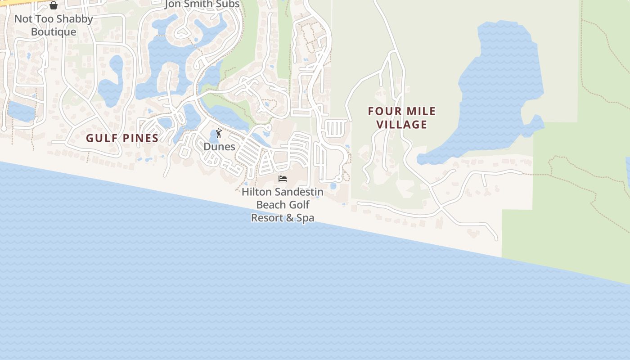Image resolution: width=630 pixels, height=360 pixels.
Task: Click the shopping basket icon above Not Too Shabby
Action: tap(54, 5)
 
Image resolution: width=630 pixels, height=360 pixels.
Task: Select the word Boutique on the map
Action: tap(54, 32)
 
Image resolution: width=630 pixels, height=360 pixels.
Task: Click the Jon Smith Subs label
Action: tap(202, 4)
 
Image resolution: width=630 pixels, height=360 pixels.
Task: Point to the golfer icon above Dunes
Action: tap(219, 133)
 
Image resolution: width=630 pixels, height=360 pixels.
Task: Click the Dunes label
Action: tap(219, 147)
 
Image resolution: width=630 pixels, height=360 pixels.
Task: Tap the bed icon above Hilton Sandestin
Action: tap(283, 179)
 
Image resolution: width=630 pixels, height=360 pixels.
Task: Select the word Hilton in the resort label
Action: tap(256, 192)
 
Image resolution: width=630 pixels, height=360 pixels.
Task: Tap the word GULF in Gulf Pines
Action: tap(102, 138)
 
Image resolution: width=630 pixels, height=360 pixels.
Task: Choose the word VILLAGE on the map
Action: tap(401, 124)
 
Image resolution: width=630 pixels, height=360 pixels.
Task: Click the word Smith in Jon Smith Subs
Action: tap(202, 4)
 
